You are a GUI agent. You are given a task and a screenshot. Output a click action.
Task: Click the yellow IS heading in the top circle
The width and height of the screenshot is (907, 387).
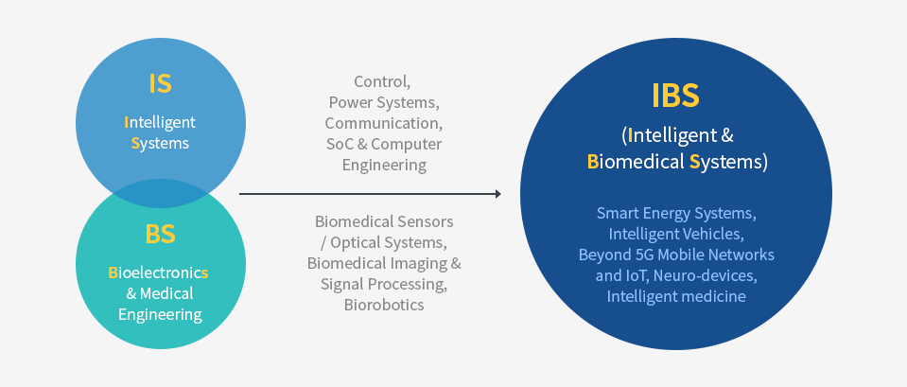tap(160, 83)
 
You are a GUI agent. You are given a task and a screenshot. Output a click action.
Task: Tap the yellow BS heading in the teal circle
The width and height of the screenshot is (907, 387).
tap(160, 234)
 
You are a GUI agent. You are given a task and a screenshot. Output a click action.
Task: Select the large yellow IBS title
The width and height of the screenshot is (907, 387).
tap(675, 96)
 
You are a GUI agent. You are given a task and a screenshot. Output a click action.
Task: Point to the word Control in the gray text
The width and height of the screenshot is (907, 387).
tap(381, 81)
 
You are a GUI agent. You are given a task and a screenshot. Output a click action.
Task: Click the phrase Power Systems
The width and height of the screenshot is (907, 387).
tap(384, 102)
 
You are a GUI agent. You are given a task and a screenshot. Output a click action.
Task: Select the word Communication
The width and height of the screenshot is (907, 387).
tap(383, 123)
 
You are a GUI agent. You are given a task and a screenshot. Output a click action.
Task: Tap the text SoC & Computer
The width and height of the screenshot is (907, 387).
tap(383, 144)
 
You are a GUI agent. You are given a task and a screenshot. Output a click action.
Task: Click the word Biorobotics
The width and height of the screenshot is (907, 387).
tap(384, 305)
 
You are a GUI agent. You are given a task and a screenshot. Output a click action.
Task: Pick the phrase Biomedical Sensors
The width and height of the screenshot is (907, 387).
tap(384, 221)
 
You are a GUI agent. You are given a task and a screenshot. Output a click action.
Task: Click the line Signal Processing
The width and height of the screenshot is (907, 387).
tap(384, 284)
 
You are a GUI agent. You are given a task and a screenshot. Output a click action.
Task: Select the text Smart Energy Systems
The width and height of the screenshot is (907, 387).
tap(675, 213)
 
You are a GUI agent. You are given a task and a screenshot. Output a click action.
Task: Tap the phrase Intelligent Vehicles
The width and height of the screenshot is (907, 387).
tap(675, 234)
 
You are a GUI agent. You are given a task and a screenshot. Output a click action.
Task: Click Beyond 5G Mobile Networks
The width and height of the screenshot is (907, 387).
tap(675, 255)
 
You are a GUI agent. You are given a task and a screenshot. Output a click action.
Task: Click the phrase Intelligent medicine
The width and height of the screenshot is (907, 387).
tap(675, 296)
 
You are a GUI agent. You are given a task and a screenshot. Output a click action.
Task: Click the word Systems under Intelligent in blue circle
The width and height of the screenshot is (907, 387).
tap(160, 144)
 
